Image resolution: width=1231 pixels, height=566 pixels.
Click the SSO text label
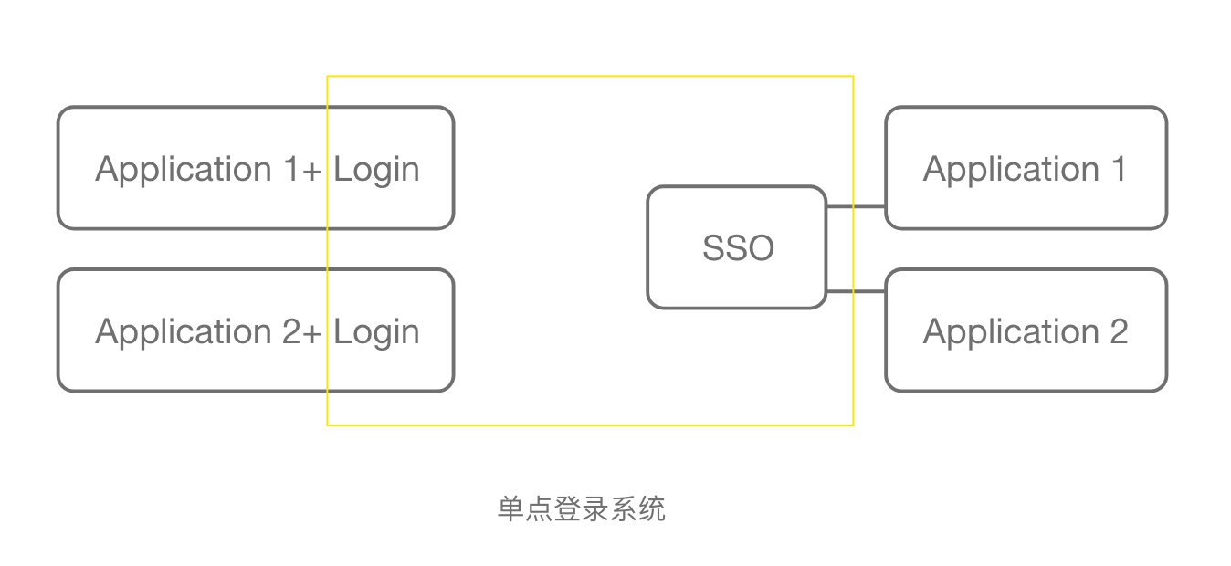click(738, 247)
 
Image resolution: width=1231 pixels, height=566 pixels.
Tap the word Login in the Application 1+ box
click(376, 170)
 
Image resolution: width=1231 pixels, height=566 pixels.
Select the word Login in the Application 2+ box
click(376, 332)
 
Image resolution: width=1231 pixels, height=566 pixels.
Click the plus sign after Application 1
click(311, 172)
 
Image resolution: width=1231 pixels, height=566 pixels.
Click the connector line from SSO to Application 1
click(856, 206)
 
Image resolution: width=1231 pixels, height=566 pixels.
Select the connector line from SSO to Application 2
click(856, 291)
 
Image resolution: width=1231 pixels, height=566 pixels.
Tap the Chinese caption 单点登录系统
click(582, 508)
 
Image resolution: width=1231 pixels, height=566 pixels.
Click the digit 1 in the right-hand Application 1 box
click(1119, 169)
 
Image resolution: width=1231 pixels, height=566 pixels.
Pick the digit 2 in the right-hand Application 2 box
click(1119, 331)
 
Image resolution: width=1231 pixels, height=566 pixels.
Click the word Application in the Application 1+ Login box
click(184, 170)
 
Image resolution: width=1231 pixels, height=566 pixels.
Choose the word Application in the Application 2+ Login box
click(184, 332)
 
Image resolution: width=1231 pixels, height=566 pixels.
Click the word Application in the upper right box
click(1011, 170)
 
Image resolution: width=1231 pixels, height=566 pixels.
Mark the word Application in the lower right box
click(1011, 332)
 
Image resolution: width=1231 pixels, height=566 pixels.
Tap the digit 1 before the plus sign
click(290, 169)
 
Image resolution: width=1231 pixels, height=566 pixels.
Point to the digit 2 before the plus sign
click(291, 331)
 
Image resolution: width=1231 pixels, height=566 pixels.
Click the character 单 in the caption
click(511, 508)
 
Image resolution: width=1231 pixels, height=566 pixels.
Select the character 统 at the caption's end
click(652, 508)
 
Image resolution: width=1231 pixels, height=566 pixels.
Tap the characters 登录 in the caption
click(582, 508)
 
